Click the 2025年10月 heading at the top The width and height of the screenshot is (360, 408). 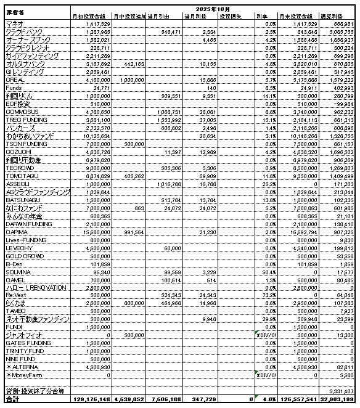212,9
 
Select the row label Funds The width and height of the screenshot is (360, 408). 13,88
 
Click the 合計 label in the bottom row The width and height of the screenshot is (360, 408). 12,400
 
